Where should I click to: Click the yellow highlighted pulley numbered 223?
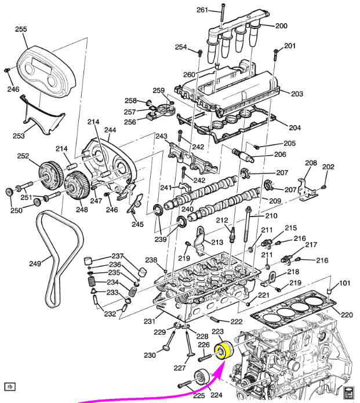pos(224,351)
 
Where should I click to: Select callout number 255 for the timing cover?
pos(21,30)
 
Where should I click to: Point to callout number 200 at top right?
pos(281,25)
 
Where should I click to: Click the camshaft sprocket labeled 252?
pos(50,174)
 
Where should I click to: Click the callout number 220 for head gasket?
pos(347,314)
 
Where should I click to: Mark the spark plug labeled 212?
pos(232,235)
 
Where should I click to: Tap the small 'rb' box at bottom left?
pos(10,387)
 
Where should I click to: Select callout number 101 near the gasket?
pos(344,283)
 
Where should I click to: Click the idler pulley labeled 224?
pos(202,377)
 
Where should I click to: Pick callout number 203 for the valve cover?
pos(297,94)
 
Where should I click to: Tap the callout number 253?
pos(19,135)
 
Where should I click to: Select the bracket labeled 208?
pos(307,190)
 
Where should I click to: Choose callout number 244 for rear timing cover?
pos(110,130)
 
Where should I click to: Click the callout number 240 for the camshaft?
pos(187,208)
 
